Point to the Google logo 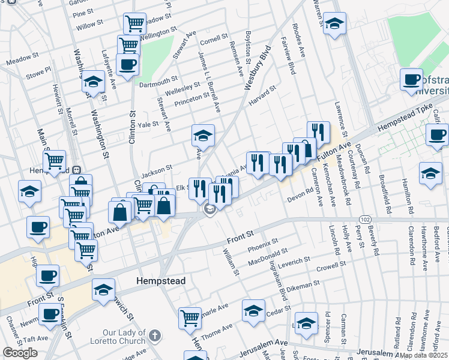pos(20,353)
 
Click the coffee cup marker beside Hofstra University pos(412,80)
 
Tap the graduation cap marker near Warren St pos(334,25)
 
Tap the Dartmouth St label pos(158,79)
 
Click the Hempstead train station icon pos(77,169)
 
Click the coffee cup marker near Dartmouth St pos(128,64)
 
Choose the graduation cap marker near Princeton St pos(203,136)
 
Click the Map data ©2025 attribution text pos(423,355)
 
